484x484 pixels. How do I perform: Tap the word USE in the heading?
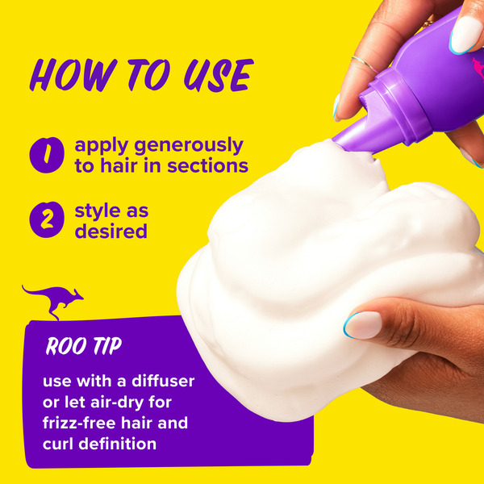click(x=219, y=76)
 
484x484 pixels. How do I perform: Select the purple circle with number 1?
click(x=47, y=155)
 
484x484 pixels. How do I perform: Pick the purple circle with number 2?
click(x=47, y=219)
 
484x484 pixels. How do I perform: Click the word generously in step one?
click(x=189, y=146)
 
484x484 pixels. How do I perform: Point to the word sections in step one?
click(x=208, y=165)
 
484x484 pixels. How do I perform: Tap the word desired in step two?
click(x=111, y=232)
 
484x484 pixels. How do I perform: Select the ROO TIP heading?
click(x=84, y=346)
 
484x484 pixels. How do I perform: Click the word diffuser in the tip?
click(x=163, y=381)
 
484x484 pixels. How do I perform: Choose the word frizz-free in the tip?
click(x=79, y=423)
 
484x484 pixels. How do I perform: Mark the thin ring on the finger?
click(x=365, y=64)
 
